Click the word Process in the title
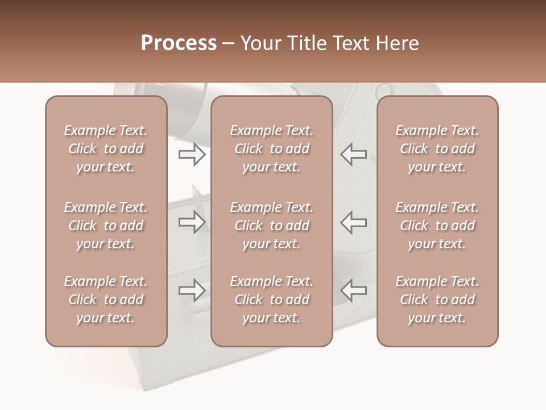(179, 43)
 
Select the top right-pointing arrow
(192, 154)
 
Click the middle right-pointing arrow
(192, 222)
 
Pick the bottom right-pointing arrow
(192, 290)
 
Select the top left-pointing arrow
(353, 154)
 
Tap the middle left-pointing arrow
(353, 222)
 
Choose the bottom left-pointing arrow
(353, 290)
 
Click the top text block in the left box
(106, 149)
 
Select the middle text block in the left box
(106, 225)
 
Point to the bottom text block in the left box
(106, 300)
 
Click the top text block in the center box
(272, 149)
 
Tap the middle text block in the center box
(272, 225)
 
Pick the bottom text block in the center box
(272, 300)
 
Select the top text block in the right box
(437, 149)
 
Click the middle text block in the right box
(437, 225)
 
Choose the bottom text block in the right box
(437, 300)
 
